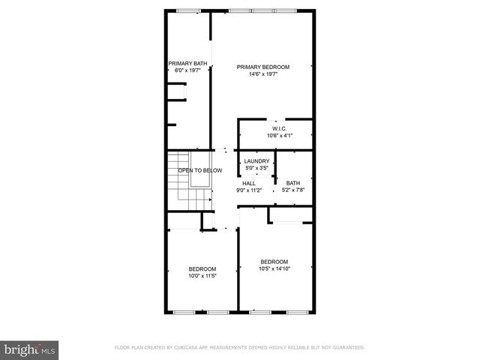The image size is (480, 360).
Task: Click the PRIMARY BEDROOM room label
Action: click(262, 67)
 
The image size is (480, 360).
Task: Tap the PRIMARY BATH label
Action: click(187, 63)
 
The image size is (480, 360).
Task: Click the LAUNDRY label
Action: click(256, 161)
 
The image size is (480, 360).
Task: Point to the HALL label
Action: click(249, 182)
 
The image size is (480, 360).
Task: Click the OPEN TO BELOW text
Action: click(199, 171)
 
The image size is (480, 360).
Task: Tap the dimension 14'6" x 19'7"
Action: click(262, 73)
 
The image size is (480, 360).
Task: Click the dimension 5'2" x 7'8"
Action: click(292, 190)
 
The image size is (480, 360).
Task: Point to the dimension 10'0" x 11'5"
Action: click(202, 276)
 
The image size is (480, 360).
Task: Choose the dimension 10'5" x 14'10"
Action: click(274, 268)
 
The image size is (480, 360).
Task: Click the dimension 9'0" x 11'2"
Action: click(249, 190)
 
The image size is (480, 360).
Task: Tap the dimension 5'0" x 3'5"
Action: click(256, 168)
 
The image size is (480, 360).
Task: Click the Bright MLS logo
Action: click(30, 349)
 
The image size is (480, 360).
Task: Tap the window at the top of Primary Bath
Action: click(188, 10)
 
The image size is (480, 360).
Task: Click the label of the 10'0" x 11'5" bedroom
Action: click(202, 269)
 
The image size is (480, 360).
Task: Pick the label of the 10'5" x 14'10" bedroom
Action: click(274, 262)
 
